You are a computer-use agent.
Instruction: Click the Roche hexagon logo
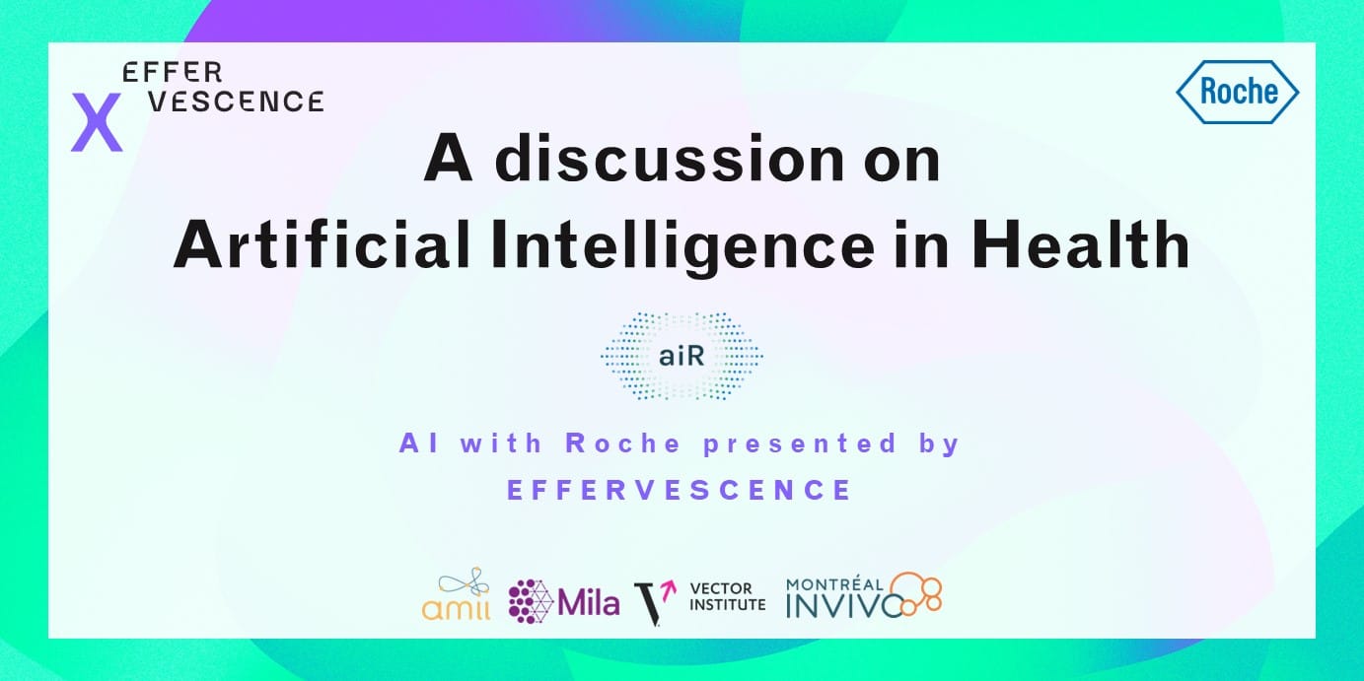[1238, 92]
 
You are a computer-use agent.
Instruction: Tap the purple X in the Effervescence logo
[97, 122]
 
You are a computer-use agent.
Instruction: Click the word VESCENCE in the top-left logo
[237, 102]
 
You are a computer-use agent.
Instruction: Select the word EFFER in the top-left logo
[173, 72]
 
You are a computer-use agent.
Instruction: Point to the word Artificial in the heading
[322, 244]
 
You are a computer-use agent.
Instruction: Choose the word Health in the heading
[1080, 244]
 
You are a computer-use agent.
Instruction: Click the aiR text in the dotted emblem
[682, 357]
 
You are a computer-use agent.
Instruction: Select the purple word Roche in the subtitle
[623, 443]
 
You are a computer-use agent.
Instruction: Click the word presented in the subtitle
[801, 443]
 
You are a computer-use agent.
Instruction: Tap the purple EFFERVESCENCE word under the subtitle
[680, 490]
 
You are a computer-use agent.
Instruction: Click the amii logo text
[456, 607]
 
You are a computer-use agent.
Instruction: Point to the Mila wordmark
[588, 602]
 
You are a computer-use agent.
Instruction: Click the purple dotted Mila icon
[531, 601]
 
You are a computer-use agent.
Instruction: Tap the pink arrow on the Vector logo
[670, 589]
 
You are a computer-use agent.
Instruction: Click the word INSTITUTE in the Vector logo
[727, 605]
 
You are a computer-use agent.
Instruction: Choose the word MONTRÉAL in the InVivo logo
[834, 584]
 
